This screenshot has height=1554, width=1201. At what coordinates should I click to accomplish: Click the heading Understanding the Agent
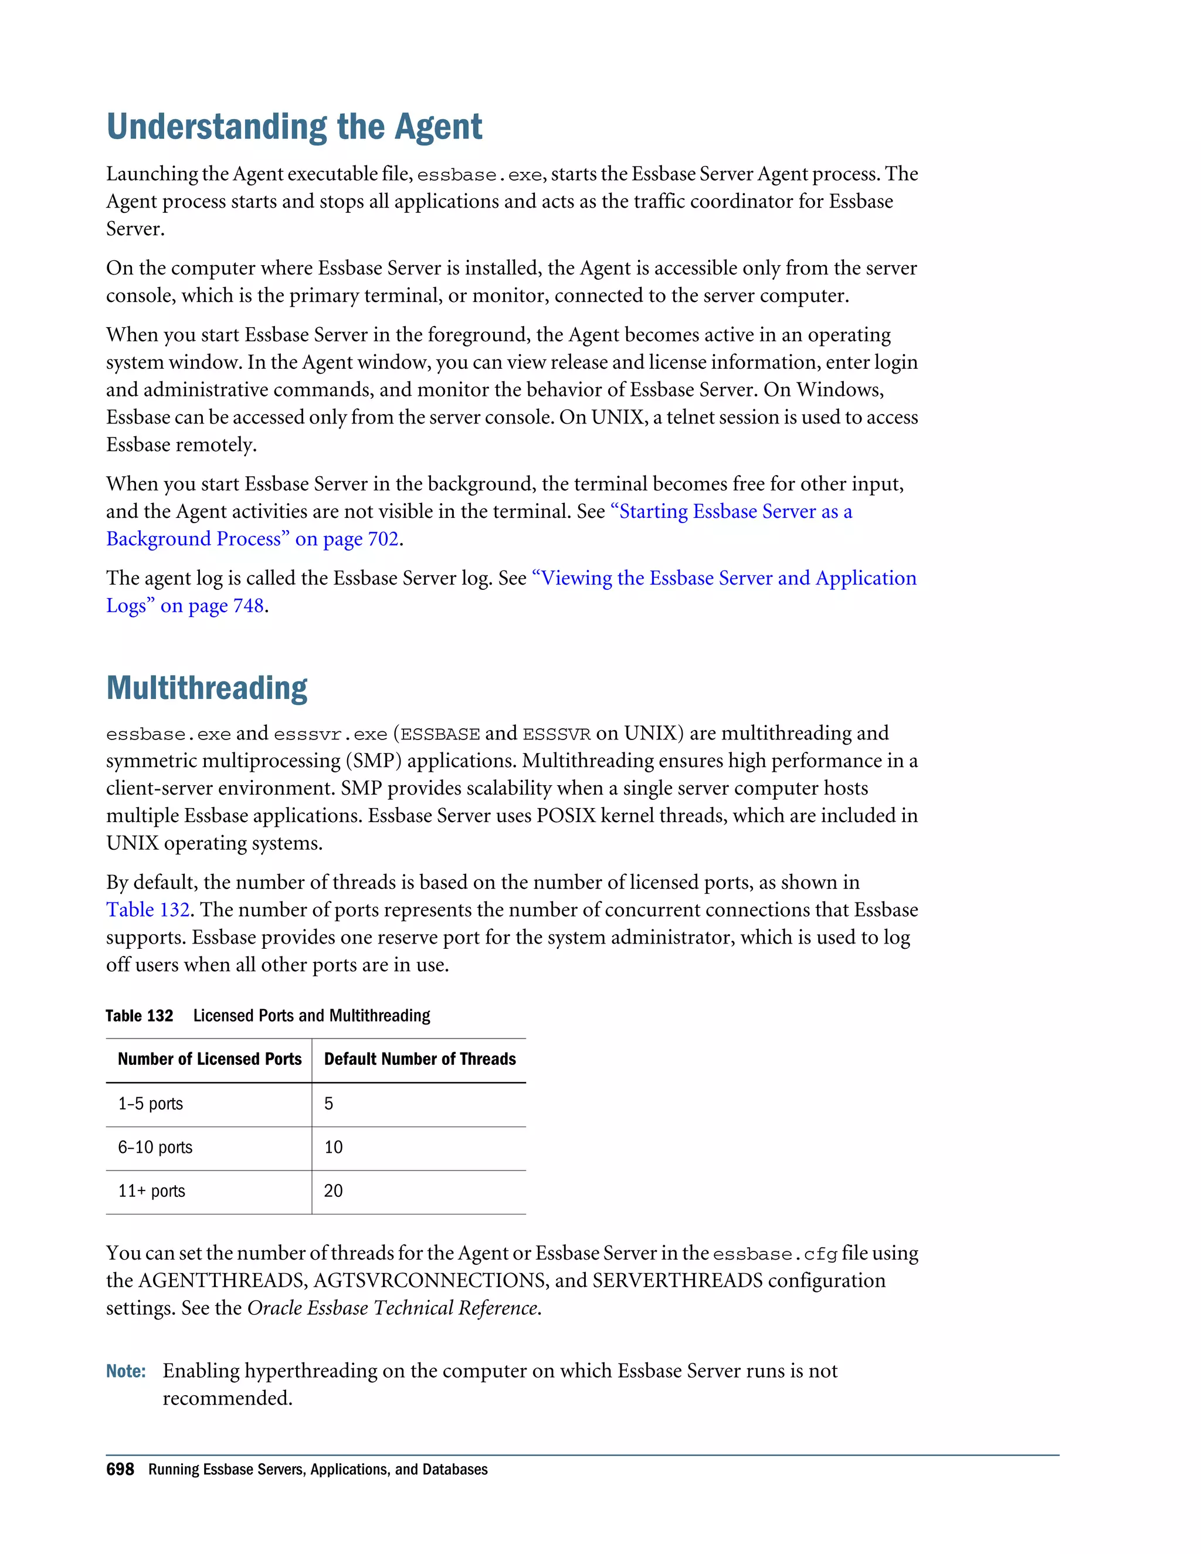(294, 127)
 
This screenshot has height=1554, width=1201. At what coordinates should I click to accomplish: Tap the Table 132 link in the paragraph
(147, 910)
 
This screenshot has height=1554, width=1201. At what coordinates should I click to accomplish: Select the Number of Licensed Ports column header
(209, 1060)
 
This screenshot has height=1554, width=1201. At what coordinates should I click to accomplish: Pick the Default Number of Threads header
(420, 1060)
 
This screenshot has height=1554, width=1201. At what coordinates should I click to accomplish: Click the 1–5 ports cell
(150, 1104)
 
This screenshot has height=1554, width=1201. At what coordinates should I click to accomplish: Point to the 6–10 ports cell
(155, 1148)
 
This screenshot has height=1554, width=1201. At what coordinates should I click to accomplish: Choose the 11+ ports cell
(151, 1192)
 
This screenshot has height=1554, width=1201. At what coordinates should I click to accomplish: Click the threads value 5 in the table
(329, 1104)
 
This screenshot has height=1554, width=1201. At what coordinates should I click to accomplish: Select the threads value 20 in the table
(333, 1192)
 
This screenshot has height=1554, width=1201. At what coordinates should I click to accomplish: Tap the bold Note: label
(126, 1371)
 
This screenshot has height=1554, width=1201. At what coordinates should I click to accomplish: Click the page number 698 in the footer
(120, 1470)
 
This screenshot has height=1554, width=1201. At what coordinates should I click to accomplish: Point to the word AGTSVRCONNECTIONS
(430, 1281)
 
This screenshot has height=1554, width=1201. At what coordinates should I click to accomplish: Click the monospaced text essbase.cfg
(775, 1254)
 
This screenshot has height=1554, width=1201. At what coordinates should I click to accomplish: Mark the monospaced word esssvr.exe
(330, 734)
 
